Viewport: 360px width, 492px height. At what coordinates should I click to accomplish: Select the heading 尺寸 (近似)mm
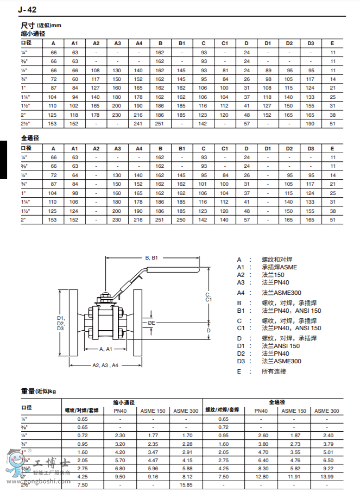41,26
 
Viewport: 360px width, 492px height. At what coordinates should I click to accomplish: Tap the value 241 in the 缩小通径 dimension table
138,123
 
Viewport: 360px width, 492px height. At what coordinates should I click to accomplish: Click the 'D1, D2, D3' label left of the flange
60,323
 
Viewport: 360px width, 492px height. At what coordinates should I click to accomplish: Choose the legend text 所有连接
274,371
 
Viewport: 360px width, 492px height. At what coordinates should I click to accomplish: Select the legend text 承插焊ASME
279,267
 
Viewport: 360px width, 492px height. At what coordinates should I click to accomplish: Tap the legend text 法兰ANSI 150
281,346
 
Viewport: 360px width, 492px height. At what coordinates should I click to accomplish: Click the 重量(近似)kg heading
39,391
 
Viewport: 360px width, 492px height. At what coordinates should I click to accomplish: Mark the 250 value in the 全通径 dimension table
182,220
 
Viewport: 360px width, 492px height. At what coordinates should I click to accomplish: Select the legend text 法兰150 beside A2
273,275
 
